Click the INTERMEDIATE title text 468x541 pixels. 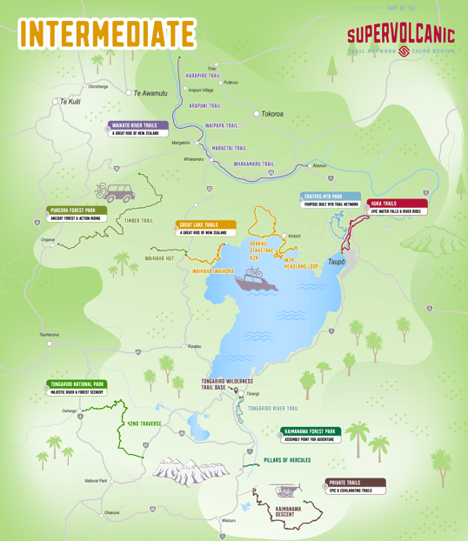coord(106,32)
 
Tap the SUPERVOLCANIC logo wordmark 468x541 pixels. coord(400,36)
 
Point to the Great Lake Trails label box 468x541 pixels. coord(205,228)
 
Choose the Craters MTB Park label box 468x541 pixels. coord(332,200)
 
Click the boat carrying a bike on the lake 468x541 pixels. coord(252,277)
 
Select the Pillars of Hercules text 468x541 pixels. coord(287,459)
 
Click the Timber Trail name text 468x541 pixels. coord(139,221)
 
